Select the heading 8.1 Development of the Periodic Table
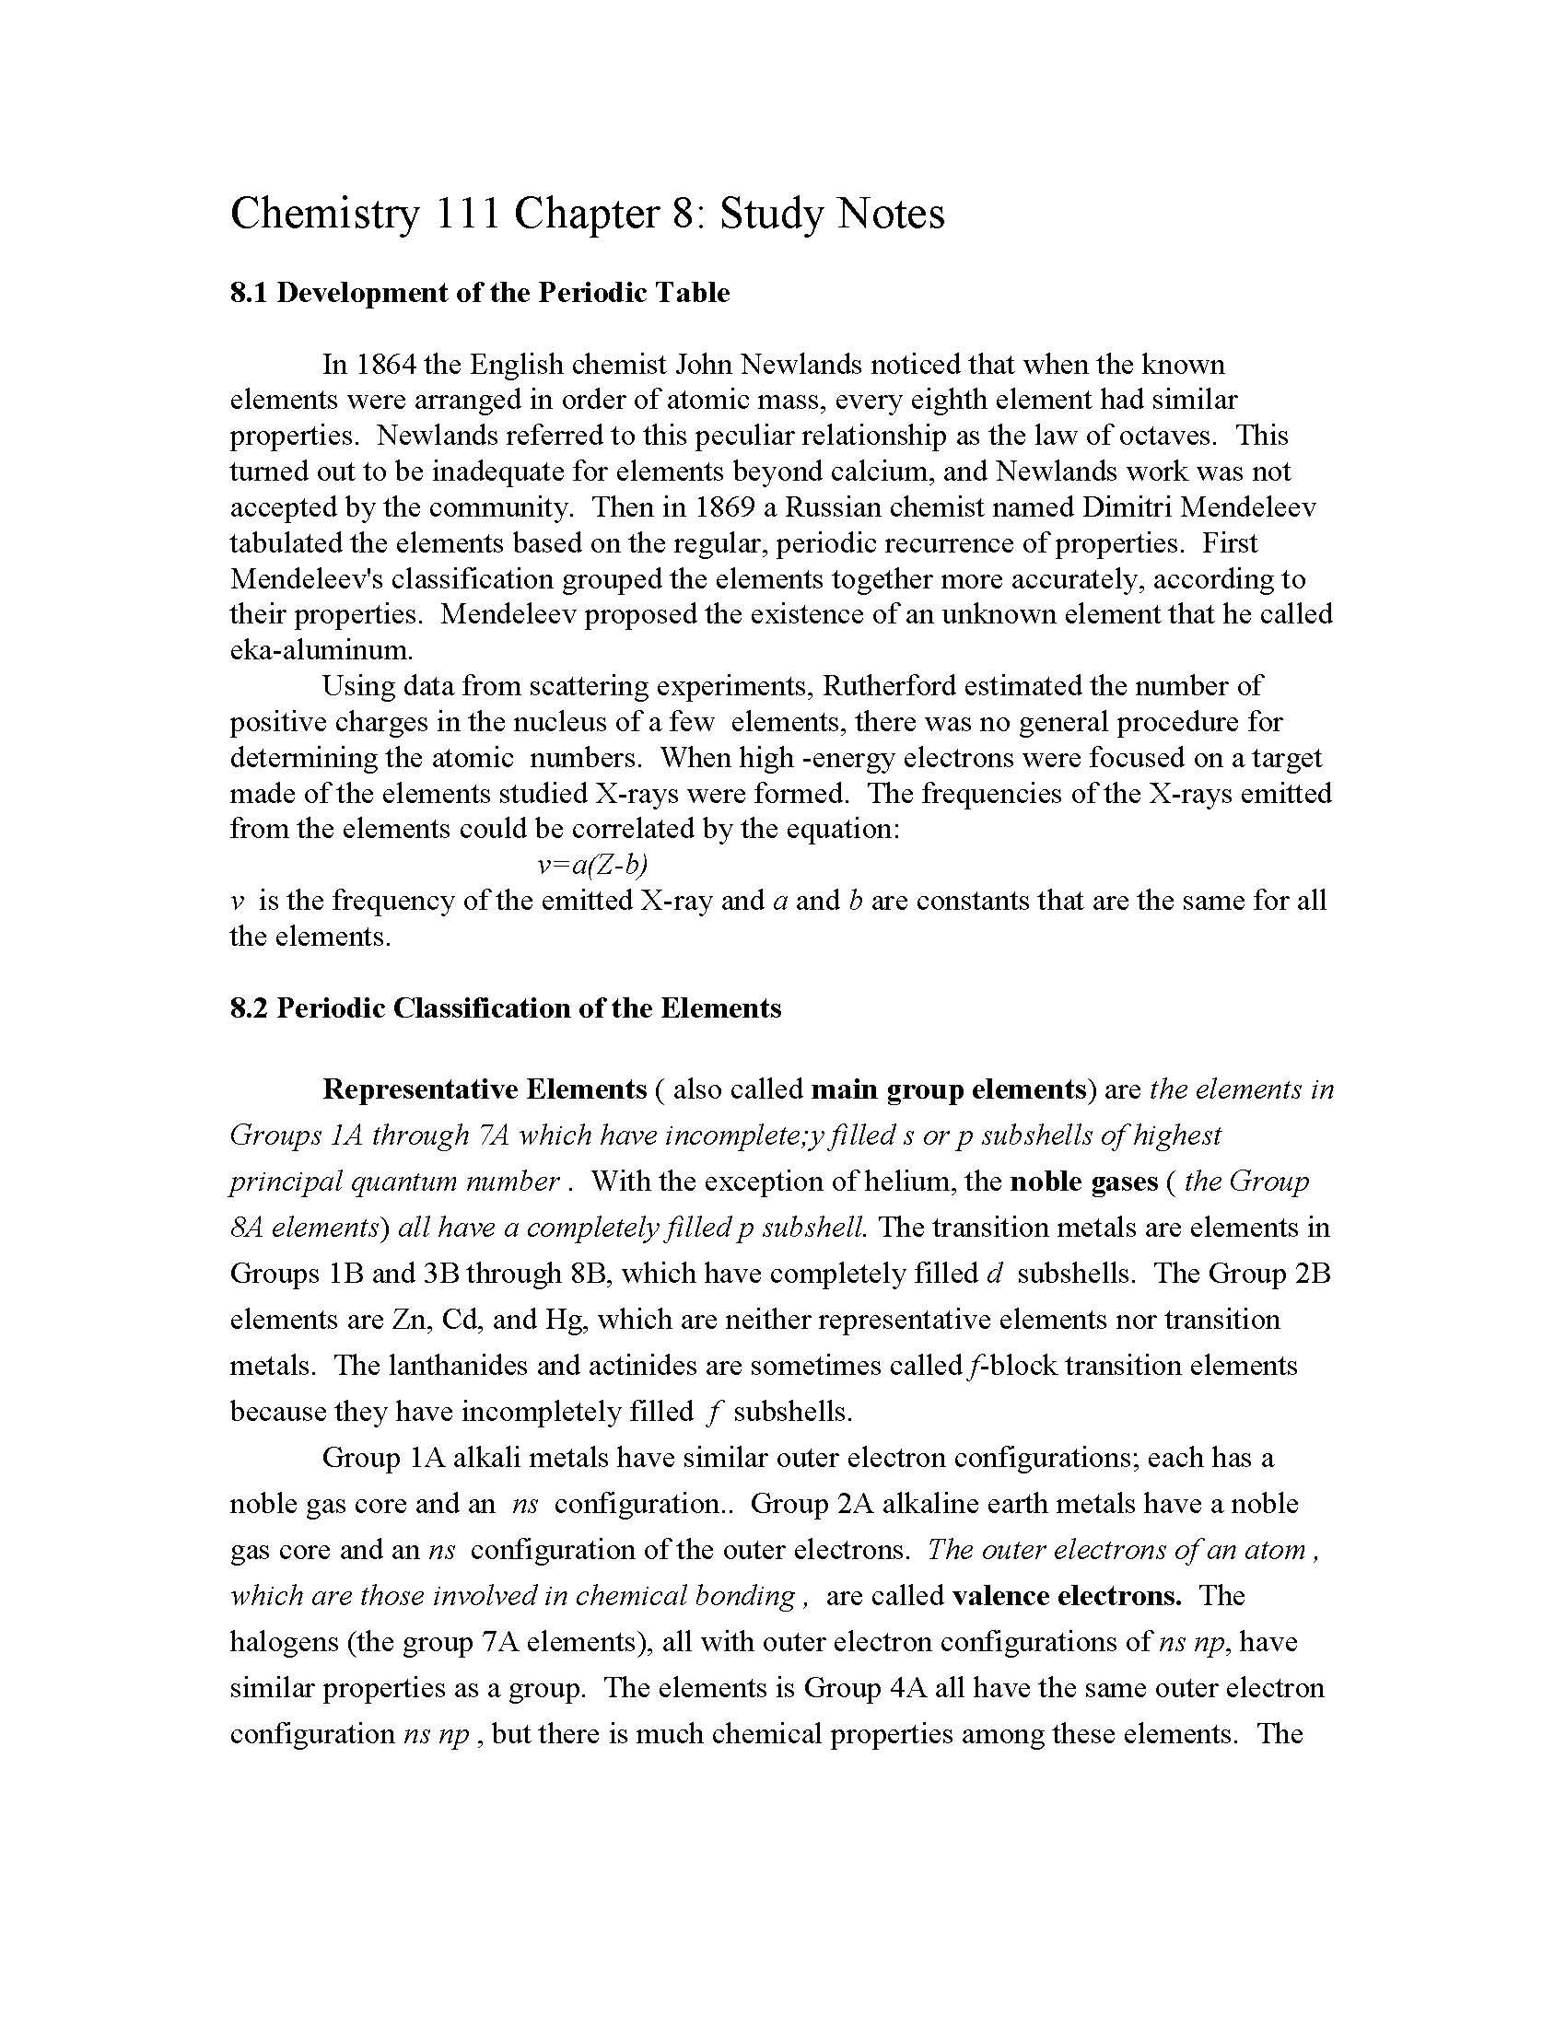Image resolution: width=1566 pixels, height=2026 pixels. point(480,293)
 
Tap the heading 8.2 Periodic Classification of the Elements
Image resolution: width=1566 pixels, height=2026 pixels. point(506,1008)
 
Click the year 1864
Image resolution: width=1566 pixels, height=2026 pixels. point(385,365)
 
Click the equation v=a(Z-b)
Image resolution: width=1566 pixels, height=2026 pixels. point(592,865)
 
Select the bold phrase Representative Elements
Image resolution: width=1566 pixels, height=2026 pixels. point(485,1089)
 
